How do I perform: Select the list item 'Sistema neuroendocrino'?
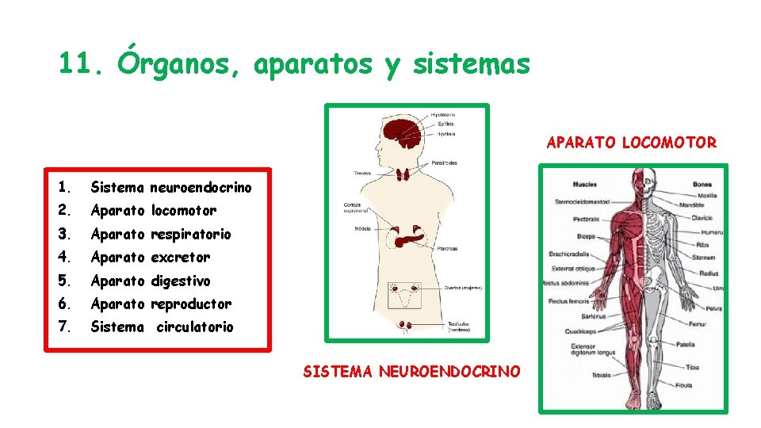[170, 188]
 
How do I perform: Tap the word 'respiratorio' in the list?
[191, 234]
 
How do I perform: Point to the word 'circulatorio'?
[194, 327]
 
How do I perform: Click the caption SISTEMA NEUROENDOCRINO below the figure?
[411, 371]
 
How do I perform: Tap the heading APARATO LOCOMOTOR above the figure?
[631, 143]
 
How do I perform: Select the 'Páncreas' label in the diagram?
[446, 249]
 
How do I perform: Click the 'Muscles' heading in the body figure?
[584, 185]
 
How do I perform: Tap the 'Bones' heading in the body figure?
[702, 185]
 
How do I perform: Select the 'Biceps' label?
[586, 236]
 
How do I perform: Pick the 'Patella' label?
[686, 344]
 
